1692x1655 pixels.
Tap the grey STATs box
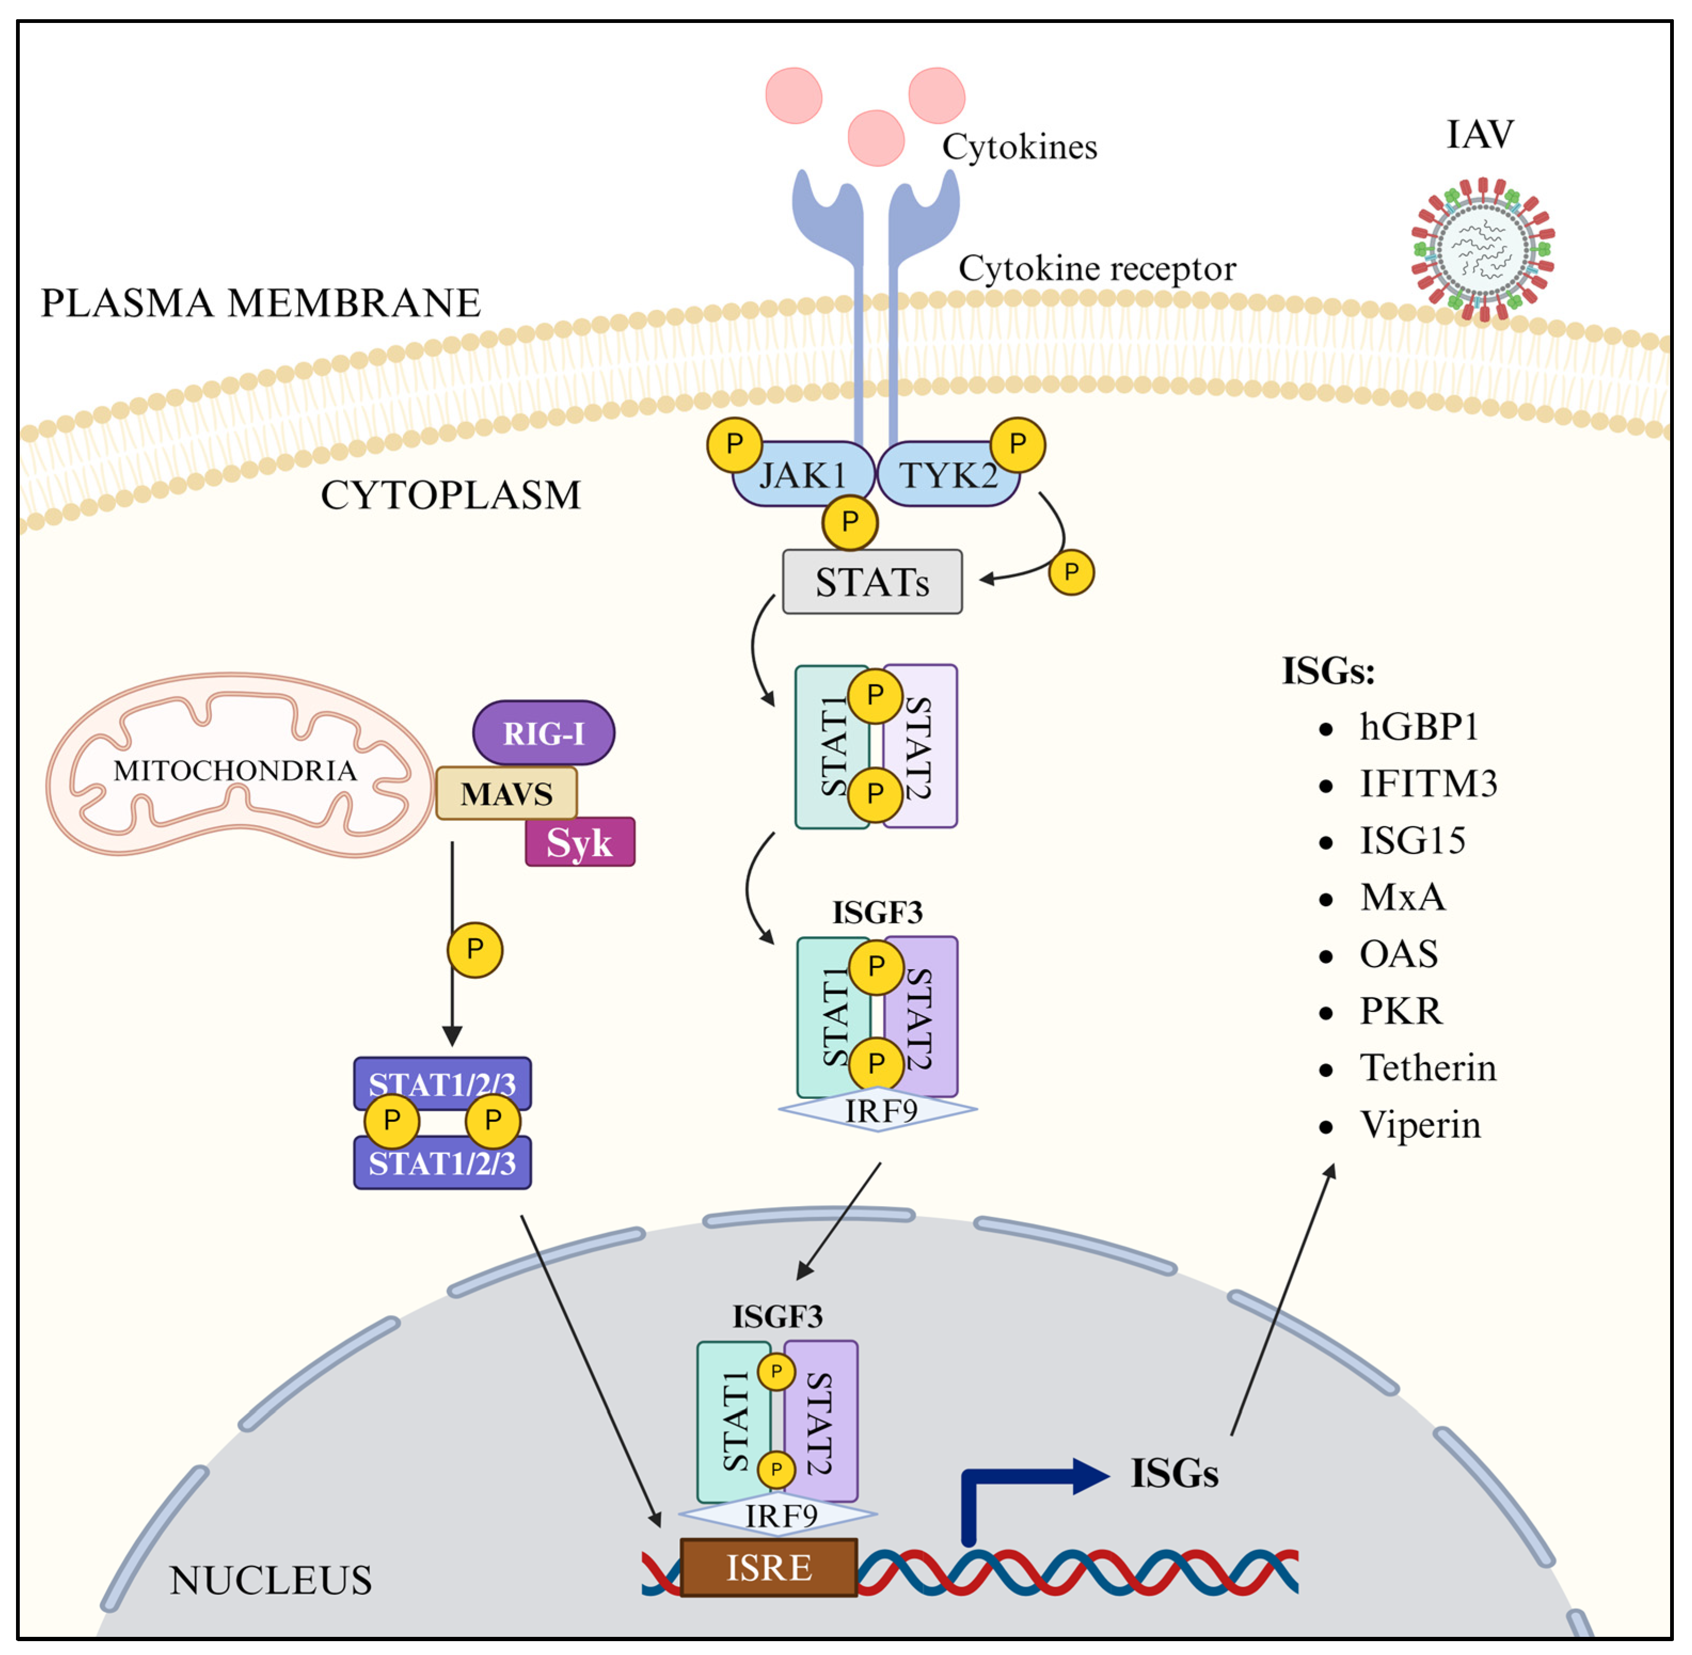pos(872,582)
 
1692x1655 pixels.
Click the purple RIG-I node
pos(543,733)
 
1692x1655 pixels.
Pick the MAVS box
pos(506,793)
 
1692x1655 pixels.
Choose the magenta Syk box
pos(579,842)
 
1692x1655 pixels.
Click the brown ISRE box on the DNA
pos(768,1567)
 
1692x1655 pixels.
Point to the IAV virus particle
pos(1482,250)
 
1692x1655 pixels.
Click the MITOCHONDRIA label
pos(235,770)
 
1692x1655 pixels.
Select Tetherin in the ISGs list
pos(1427,1067)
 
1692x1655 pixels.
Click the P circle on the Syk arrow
pos(474,949)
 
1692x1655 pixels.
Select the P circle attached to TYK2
pos(1017,444)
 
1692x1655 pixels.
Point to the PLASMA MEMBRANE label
pos(261,303)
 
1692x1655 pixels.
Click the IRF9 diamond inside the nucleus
pos(779,1516)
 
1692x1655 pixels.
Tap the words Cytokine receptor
pos(1097,268)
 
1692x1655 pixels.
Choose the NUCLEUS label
pos(271,1580)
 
